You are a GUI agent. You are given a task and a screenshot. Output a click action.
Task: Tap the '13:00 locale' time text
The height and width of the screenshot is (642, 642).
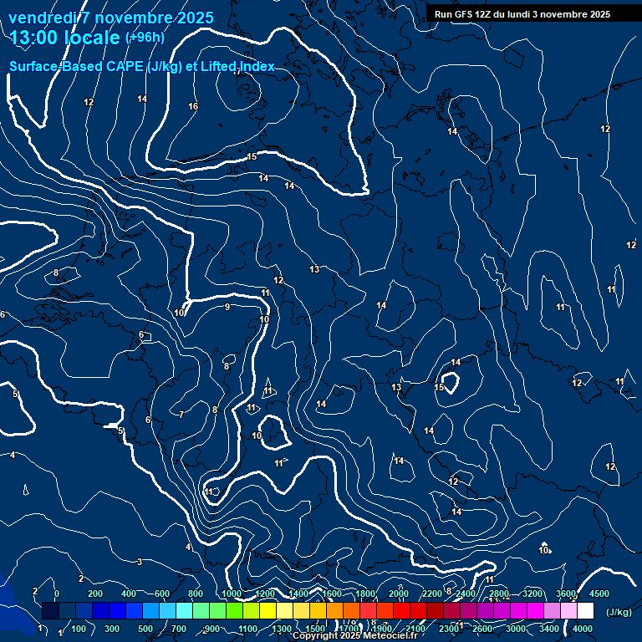click(64, 38)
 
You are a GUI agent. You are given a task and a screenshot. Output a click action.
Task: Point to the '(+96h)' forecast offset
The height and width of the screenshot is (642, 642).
click(145, 37)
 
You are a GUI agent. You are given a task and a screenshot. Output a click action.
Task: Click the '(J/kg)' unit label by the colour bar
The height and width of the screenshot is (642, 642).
click(618, 613)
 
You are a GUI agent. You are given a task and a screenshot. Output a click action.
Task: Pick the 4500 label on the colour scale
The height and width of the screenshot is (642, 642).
click(599, 594)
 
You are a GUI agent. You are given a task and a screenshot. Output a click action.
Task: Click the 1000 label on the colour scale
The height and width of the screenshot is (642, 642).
click(231, 594)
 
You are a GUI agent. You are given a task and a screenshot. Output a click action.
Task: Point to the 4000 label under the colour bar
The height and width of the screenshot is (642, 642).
click(583, 629)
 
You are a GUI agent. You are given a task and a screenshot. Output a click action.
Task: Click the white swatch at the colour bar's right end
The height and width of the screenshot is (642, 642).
click(585, 611)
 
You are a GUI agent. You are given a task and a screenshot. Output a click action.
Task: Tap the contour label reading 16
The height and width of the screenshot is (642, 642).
click(193, 106)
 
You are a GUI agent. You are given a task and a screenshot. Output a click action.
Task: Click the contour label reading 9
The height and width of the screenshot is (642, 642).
click(227, 308)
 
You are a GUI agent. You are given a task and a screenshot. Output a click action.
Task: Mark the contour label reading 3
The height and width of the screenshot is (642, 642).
click(140, 562)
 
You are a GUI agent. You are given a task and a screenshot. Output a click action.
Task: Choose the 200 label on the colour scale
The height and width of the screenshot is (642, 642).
click(95, 594)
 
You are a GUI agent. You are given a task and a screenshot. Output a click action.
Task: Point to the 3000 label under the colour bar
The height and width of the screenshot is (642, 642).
click(517, 629)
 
